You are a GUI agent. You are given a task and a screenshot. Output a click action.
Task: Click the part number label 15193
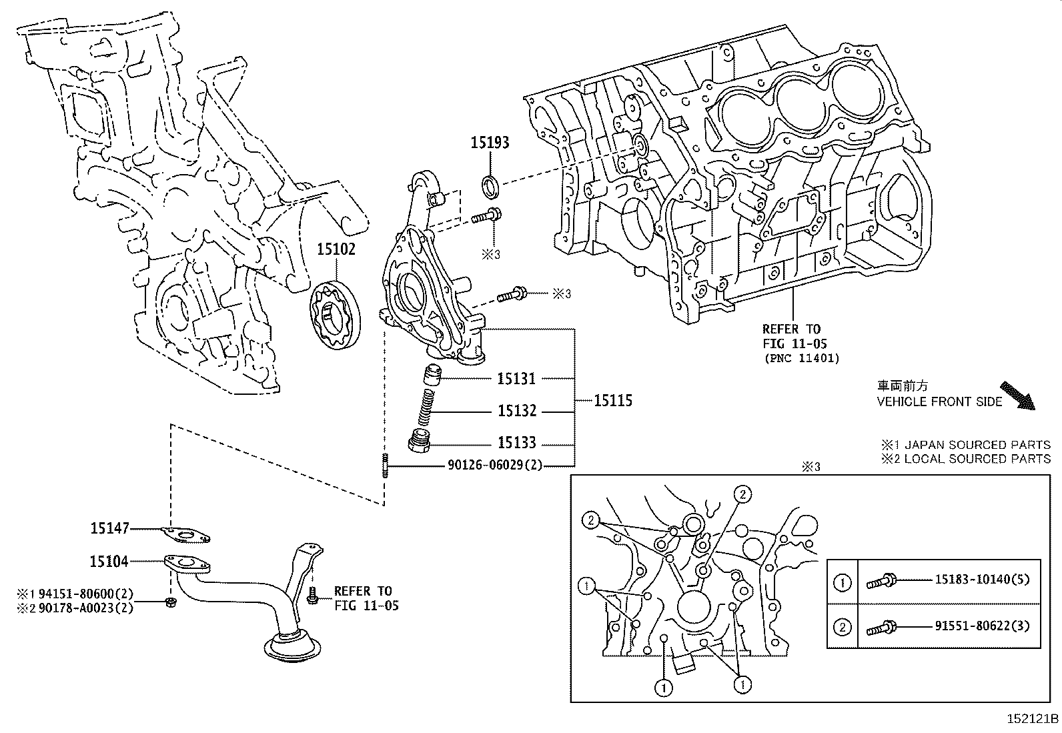pyautogui.click(x=490, y=142)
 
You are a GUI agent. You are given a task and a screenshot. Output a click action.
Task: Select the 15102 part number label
pyautogui.click(x=336, y=249)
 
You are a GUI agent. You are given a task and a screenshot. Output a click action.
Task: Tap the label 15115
pyautogui.click(x=612, y=401)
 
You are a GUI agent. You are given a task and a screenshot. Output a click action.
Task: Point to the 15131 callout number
pyautogui.click(x=516, y=379)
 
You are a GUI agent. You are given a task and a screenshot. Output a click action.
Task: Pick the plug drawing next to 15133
pyautogui.click(x=419, y=442)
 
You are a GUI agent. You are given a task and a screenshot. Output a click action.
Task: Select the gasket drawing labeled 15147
pyautogui.click(x=185, y=533)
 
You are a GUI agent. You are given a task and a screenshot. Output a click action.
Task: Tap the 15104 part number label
pyautogui.click(x=109, y=562)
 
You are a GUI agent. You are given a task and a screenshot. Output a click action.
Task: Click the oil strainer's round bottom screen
pyautogui.click(x=293, y=649)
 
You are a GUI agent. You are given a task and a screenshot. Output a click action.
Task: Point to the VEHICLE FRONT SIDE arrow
pyautogui.click(x=1017, y=395)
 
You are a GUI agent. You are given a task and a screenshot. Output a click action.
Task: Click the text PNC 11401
pyautogui.click(x=801, y=358)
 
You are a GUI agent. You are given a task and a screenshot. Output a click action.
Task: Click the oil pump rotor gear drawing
pyautogui.click(x=335, y=315)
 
